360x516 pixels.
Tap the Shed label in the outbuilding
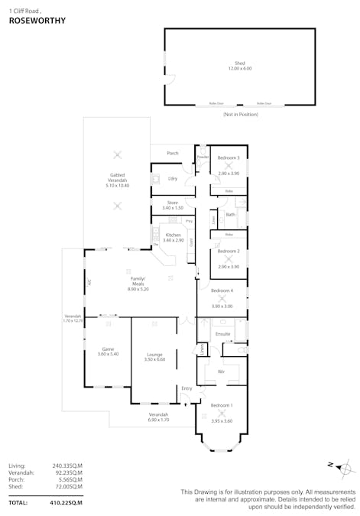(238, 63)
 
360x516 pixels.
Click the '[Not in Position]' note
(240, 114)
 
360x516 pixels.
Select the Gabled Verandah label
(117, 174)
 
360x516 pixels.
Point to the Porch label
(173, 153)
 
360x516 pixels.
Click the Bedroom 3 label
(228, 157)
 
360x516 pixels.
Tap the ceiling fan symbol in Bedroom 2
(228, 258)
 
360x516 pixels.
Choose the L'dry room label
(173, 179)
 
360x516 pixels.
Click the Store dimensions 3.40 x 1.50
(173, 208)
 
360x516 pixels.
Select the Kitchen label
(173, 235)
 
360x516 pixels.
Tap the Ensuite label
(222, 334)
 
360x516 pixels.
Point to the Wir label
(221, 371)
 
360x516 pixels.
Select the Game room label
(107, 349)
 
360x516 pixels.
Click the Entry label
(186, 388)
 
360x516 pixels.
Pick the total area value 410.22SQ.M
(66, 503)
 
